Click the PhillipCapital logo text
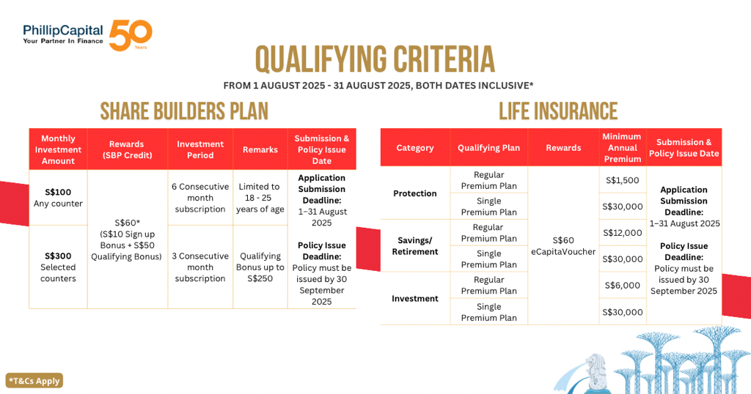(x=63, y=34)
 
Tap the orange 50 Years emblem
(x=131, y=35)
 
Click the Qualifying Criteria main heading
(x=375, y=61)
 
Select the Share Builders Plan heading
(x=184, y=111)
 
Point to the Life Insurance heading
(x=558, y=111)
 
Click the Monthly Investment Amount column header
(x=58, y=149)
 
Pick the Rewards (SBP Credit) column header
(x=127, y=149)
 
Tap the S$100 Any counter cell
(x=58, y=198)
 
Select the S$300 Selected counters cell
(x=58, y=267)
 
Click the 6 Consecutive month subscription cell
(x=200, y=198)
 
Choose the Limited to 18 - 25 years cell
(x=260, y=198)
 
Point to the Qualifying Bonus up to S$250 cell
(x=260, y=267)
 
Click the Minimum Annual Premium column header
(x=623, y=147)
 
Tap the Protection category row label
(x=415, y=193)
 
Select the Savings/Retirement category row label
(x=415, y=246)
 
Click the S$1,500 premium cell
(x=623, y=180)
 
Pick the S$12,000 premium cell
(x=623, y=233)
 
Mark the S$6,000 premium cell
(x=623, y=286)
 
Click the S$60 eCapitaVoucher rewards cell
(x=563, y=246)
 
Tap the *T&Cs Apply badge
(x=34, y=381)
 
